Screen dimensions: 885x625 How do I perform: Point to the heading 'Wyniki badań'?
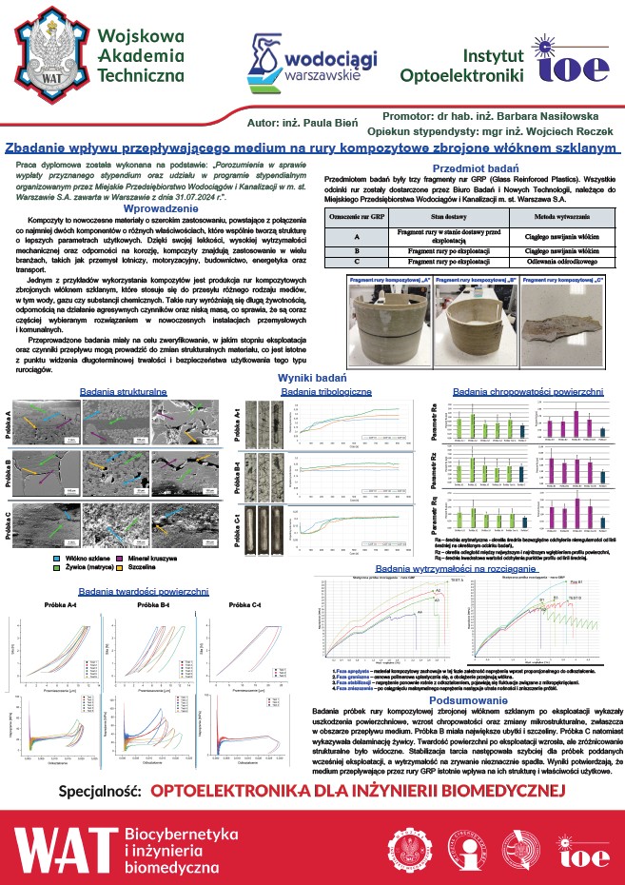tap(310, 379)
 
